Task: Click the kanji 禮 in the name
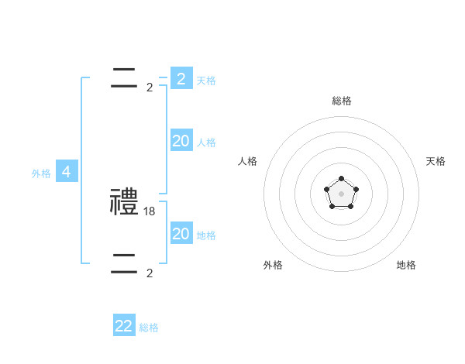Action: coord(124,202)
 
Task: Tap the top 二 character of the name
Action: coord(124,77)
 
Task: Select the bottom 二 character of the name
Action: coord(124,264)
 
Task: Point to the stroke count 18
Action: coord(150,210)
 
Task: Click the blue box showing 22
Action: coord(124,326)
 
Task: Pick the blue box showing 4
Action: coord(66,172)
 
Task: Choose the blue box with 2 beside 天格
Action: coord(181,78)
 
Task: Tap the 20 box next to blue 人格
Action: coord(181,141)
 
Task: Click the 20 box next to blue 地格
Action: coord(181,234)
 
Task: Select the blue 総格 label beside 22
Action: coord(149,328)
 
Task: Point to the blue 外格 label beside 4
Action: coord(41,173)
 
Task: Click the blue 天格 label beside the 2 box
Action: coord(206,80)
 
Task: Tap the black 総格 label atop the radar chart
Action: coord(341,101)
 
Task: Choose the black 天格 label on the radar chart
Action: coord(436,161)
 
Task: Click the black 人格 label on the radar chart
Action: coord(248,161)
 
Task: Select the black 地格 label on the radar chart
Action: coord(406,265)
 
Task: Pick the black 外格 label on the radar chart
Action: coord(273,265)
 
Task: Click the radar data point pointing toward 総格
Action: coord(341,179)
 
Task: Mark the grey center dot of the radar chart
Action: coord(341,193)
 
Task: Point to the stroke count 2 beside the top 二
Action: coord(150,87)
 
